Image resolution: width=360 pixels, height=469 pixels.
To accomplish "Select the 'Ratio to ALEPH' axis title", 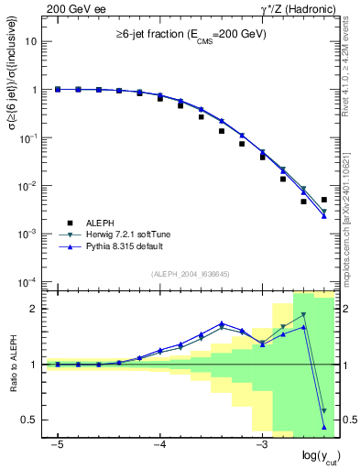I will click(x=12, y=365).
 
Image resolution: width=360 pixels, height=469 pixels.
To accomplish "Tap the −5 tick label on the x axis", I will click(x=57, y=444).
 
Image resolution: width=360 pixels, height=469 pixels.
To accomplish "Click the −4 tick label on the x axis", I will click(x=158, y=444).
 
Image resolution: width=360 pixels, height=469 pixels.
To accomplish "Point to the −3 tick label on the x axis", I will click(x=261, y=444).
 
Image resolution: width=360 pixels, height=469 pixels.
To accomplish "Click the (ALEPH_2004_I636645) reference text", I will click(x=190, y=275).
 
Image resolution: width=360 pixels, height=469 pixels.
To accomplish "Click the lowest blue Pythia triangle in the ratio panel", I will click(x=324, y=427).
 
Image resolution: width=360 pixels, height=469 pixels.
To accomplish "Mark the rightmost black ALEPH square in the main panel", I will click(x=324, y=200).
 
